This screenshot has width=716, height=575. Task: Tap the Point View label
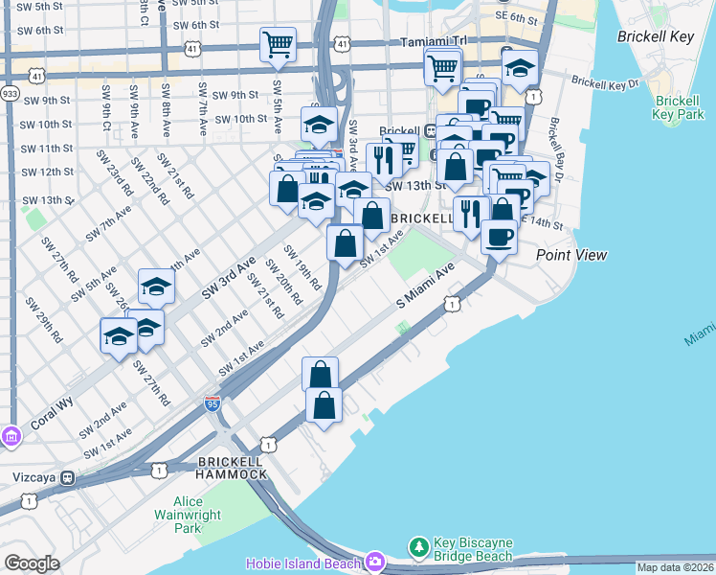click(571, 255)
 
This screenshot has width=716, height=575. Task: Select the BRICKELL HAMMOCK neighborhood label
click(232, 469)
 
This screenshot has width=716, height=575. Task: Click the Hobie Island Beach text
click(302, 563)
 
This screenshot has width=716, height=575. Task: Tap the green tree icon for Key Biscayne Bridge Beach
click(418, 547)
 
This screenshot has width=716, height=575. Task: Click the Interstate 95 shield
click(213, 403)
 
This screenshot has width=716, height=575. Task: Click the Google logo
click(32, 563)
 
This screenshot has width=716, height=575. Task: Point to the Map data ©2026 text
click(674, 567)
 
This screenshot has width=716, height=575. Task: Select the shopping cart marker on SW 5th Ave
click(277, 43)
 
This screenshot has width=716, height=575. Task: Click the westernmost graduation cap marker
click(119, 336)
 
